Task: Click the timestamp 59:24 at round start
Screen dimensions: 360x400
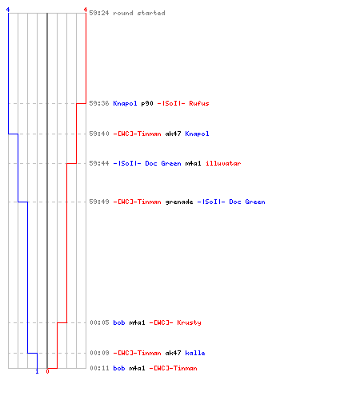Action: tap(99, 13)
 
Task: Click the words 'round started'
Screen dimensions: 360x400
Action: tap(139, 13)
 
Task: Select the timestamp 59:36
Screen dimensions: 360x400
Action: tap(99, 103)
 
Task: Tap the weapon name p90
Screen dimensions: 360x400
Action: tap(147, 103)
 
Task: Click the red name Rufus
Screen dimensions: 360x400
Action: tap(199, 103)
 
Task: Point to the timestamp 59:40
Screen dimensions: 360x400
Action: tap(99, 134)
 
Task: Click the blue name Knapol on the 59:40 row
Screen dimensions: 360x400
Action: tap(197, 134)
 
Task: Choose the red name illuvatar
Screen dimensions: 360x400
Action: tap(223, 163)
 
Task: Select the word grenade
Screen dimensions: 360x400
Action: tap(179, 202)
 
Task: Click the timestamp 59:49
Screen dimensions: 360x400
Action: tap(99, 202)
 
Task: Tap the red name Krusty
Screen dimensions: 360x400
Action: tap(189, 322)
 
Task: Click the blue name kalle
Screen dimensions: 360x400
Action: tap(195, 353)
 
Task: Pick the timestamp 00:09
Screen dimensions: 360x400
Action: tap(99, 353)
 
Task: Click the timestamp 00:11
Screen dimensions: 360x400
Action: tap(99, 368)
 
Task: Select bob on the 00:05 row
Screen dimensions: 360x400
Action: tap(119, 322)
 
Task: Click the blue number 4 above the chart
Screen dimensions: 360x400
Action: tap(8, 10)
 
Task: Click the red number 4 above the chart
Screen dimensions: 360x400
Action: tap(86, 10)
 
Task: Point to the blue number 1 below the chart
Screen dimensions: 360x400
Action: tap(37, 371)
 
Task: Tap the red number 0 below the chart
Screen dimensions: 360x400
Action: tap(47, 371)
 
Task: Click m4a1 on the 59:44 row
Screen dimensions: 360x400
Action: tap(193, 163)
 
